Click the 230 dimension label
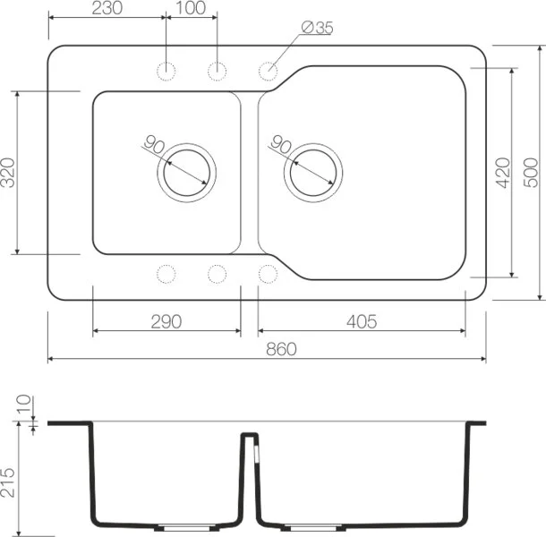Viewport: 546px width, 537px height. tap(107, 8)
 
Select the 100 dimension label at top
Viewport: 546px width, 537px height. tap(191, 8)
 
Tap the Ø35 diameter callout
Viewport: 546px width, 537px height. tap(317, 28)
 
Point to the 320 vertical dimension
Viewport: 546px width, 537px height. tap(8, 172)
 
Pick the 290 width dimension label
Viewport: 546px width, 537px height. tap(166, 321)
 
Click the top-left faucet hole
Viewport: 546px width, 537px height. tap(166, 70)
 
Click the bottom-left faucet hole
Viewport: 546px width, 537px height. tap(166, 273)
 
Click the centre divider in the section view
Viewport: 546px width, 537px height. tap(250, 474)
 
